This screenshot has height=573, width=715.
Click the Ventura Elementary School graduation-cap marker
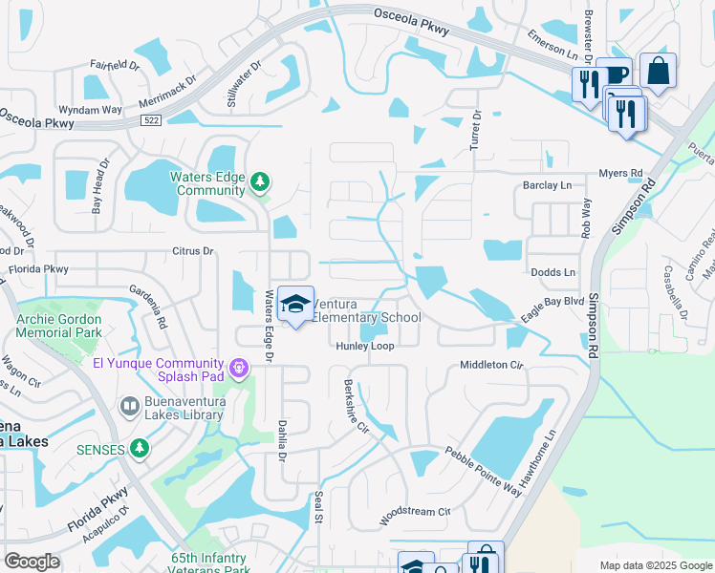click(x=296, y=304)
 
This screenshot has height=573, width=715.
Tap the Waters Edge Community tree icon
click(x=259, y=181)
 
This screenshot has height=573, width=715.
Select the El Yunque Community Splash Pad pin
click(x=240, y=366)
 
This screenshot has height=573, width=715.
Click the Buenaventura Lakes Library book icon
click(x=130, y=408)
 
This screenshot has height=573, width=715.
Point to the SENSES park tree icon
click(x=140, y=448)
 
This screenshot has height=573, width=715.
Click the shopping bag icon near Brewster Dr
click(x=658, y=71)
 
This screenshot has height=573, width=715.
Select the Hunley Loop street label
click(x=363, y=347)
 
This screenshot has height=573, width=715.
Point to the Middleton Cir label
click(x=492, y=365)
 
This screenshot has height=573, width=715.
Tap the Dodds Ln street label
click(x=553, y=272)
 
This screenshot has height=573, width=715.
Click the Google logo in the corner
click(x=32, y=562)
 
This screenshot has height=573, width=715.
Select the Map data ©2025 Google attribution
click(x=655, y=565)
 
